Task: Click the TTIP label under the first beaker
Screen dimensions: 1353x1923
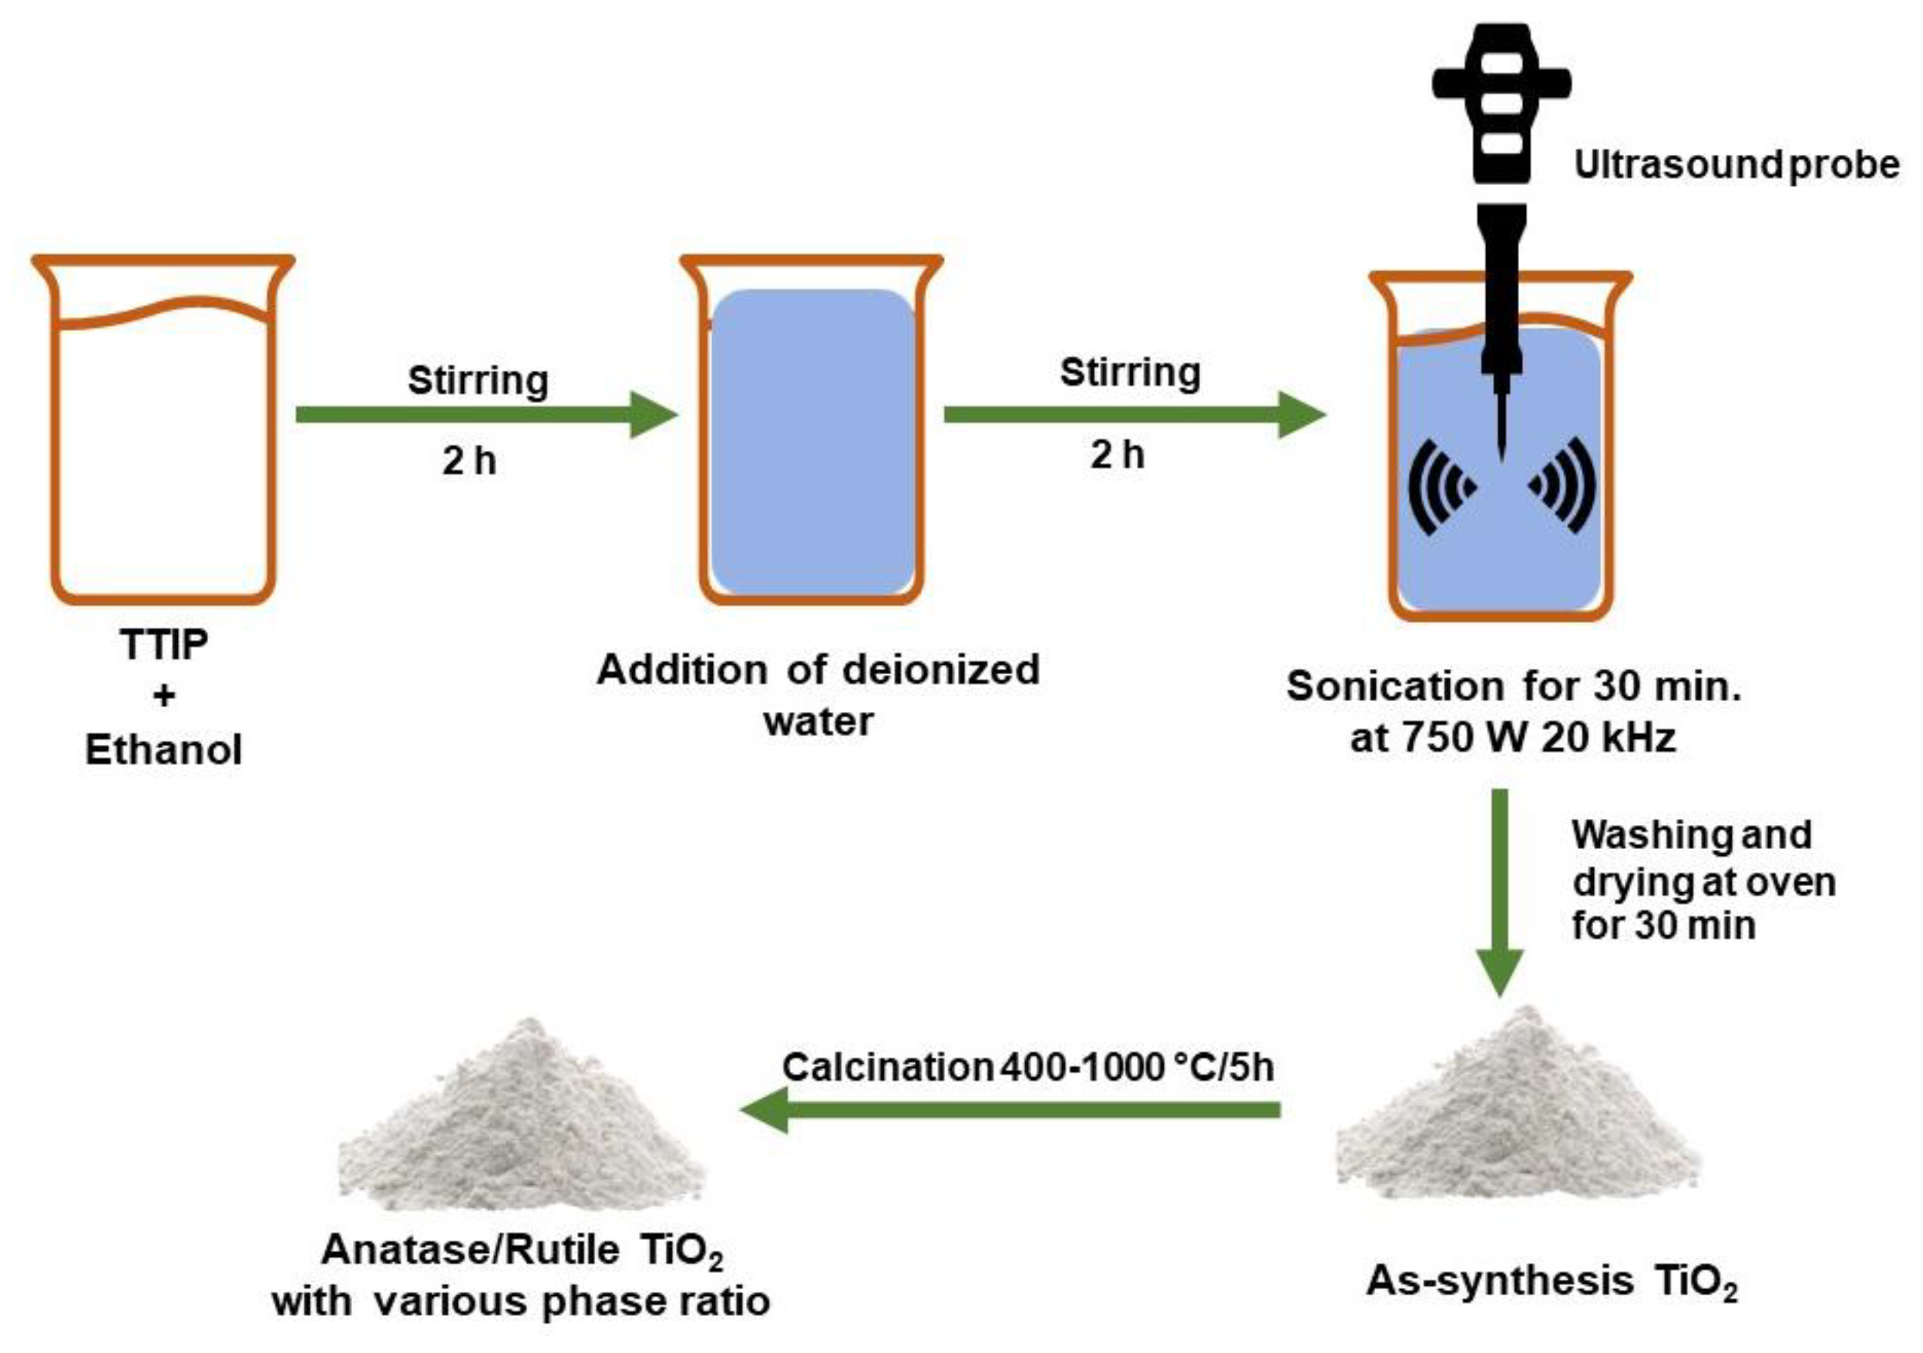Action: click(x=164, y=644)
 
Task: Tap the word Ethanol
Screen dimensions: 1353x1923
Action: click(x=164, y=750)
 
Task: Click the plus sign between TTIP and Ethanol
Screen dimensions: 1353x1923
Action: click(x=164, y=695)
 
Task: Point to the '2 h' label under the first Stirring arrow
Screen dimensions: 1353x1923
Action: click(x=469, y=461)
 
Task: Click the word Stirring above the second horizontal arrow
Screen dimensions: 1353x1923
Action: click(x=1130, y=373)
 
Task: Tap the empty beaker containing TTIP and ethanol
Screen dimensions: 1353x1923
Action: click(x=163, y=452)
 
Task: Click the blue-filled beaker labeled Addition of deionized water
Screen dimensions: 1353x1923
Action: click(x=812, y=444)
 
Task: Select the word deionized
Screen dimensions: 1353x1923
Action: click(x=940, y=670)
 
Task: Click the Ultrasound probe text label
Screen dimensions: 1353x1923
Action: click(x=1736, y=165)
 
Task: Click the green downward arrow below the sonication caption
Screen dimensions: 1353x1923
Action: click(x=1500, y=891)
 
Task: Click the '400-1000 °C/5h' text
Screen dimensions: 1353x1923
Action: click(x=1137, y=1066)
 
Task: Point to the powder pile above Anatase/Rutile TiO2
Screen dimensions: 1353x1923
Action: click(x=521, y=1122)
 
